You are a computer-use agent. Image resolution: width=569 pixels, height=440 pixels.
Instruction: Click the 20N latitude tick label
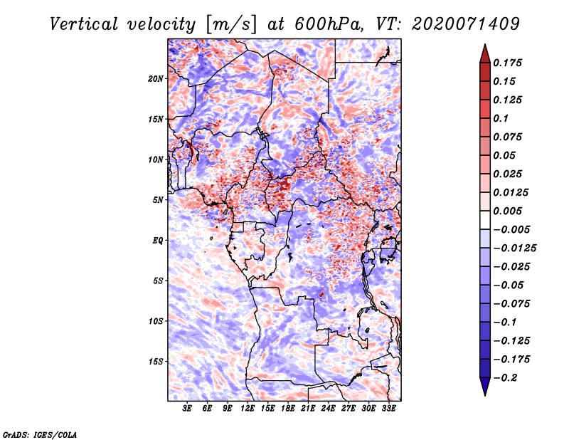point(156,79)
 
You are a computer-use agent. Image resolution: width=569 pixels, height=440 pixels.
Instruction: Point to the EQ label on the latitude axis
point(158,241)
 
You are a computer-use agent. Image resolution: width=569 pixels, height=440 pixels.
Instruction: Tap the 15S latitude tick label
point(156,362)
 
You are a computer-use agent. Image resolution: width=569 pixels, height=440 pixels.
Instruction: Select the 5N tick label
point(158,200)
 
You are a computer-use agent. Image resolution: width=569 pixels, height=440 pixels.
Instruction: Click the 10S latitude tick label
point(156,322)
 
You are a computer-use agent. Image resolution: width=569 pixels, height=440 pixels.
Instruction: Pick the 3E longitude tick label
point(187,409)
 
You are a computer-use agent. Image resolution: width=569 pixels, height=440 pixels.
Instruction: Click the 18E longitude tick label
point(288,409)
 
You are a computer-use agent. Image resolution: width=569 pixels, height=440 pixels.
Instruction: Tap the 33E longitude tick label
point(388,409)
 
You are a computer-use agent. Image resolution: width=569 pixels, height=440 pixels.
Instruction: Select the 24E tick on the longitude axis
point(328,409)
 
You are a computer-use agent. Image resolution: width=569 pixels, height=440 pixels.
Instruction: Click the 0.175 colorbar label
point(507,63)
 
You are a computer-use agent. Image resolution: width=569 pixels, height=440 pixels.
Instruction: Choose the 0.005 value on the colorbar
point(507,211)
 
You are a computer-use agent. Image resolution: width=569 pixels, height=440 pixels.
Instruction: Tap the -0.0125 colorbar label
point(514,248)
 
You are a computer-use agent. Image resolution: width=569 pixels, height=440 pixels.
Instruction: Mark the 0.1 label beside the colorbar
point(501,118)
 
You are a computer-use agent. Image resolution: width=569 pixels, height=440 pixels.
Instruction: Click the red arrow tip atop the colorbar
point(485,44)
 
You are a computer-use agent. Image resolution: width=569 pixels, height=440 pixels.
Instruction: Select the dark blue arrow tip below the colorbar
point(485,395)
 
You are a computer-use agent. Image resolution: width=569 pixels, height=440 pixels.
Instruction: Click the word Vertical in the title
point(84,24)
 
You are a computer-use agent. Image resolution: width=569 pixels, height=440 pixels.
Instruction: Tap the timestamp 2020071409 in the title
point(466,24)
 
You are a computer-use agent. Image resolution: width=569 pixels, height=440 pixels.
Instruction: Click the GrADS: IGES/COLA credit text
point(40,435)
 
